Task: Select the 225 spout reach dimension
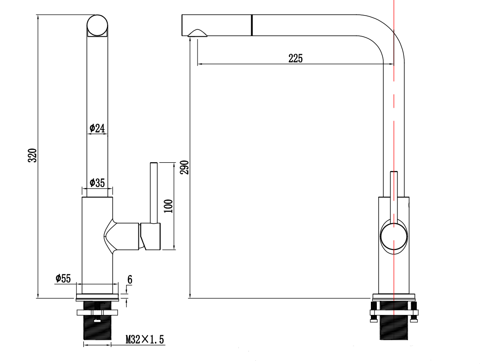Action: point(295,58)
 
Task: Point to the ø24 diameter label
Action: point(97,128)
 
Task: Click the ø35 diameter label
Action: point(97,183)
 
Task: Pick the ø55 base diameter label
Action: point(63,278)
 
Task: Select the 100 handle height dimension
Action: point(168,207)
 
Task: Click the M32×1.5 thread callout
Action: point(145,340)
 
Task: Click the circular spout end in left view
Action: point(98,25)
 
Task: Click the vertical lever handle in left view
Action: point(154,193)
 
